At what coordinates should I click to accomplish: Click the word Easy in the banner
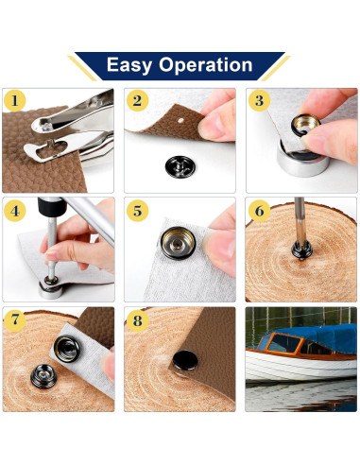click(129, 65)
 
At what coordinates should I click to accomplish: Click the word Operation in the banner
click(206, 65)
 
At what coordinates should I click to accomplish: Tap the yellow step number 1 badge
click(14, 101)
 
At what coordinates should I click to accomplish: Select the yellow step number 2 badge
click(137, 101)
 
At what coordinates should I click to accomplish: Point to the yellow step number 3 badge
click(259, 101)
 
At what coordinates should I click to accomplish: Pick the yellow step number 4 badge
click(14, 211)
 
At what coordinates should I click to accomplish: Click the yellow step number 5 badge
click(137, 211)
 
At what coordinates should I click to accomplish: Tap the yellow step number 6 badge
click(259, 211)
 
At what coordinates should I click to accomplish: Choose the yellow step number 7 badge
click(14, 320)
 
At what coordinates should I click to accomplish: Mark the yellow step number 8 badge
click(137, 320)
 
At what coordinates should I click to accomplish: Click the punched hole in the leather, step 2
click(180, 120)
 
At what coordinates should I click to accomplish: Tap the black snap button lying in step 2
click(178, 166)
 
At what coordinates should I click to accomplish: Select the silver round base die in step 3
click(303, 159)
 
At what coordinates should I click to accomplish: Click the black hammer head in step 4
click(52, 206)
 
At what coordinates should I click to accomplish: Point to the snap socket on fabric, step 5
click(178, 243)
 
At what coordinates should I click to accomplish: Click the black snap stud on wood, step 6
click(301, 250)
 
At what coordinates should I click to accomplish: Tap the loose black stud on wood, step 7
click(43, 376)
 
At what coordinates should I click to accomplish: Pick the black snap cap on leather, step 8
click(185, 360)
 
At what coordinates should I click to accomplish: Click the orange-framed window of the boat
click(284, 343)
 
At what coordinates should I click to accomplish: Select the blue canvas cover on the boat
click(318, 336)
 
